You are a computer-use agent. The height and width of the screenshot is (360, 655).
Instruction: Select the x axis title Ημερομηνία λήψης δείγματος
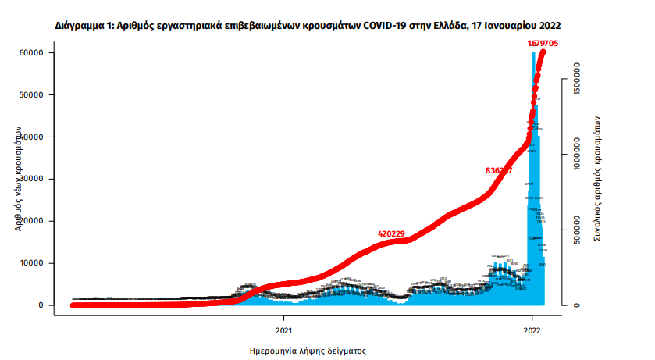point(308,351)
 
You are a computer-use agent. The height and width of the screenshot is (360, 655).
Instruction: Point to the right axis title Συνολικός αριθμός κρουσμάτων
point(597,179)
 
